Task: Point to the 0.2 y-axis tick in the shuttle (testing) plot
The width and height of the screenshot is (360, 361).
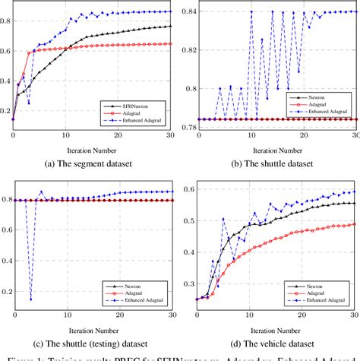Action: click(x=6, y=292)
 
